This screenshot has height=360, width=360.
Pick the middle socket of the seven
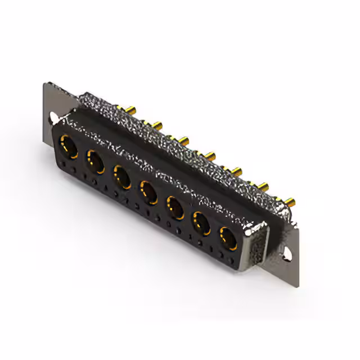pos(150,191)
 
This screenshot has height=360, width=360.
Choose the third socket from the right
pos(175,208)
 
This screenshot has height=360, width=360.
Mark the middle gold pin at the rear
pos(209,154)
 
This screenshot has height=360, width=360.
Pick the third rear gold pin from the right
pos(237,169)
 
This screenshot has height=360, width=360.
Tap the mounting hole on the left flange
pos(54,118)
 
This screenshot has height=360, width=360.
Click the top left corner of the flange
pos(44,84)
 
